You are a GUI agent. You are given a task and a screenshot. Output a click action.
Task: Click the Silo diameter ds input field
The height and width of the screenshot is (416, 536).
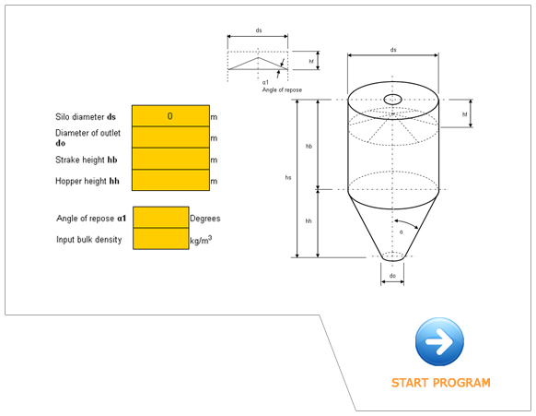coord(170,116)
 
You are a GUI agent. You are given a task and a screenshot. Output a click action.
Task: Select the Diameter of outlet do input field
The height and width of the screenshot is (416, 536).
coord(170,137)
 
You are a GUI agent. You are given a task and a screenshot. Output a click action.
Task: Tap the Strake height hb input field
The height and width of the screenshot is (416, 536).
coord(170,159)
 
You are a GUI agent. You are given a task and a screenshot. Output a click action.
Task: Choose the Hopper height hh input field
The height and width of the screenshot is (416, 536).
coord(170,181)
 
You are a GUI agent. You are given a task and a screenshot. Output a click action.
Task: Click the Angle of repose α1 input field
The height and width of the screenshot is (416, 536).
coord(161,218)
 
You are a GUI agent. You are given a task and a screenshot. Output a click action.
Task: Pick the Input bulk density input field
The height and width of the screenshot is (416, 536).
coord(161,239)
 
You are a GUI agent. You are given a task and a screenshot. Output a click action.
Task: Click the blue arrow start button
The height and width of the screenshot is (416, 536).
coord(439,342)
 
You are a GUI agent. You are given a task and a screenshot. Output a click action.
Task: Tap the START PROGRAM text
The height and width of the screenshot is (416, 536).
coord(440,383)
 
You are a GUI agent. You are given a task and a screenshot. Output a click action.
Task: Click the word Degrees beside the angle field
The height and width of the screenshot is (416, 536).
coord(205,219)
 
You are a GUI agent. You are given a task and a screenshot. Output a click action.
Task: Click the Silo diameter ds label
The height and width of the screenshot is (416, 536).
coord(86,117)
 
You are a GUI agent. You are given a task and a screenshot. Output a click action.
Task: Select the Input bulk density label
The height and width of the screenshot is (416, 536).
coord(89,240)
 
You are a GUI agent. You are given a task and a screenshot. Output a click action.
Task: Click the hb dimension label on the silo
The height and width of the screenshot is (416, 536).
coord(309,146)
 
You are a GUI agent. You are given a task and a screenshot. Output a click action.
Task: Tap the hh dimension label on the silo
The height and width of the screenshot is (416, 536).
coord(309,221)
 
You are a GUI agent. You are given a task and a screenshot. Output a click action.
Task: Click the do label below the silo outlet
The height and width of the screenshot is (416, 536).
coord(392,275)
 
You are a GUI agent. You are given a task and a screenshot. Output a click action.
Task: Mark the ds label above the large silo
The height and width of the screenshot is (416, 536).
coord(393,50)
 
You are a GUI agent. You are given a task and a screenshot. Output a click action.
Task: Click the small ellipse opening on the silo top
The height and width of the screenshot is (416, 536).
coord(393,99)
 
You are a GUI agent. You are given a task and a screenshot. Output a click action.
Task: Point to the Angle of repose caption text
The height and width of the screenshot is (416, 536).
coord(282,89)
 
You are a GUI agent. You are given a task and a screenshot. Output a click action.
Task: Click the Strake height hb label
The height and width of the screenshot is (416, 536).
coord(87,160)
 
